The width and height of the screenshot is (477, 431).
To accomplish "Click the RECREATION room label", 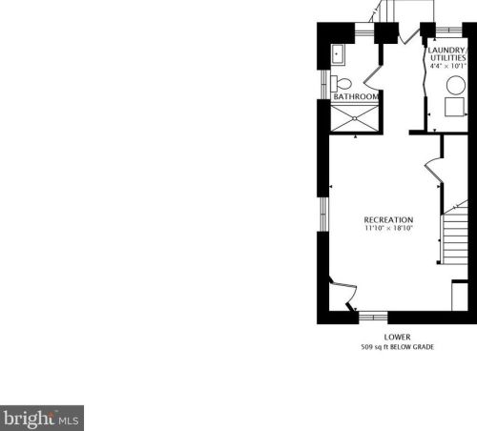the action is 388,219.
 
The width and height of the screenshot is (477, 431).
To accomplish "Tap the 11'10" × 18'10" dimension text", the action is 388,228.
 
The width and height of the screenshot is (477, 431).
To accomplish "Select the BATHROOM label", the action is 356,96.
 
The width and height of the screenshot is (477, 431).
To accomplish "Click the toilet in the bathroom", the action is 341,84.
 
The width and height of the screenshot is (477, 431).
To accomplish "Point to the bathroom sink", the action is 338,54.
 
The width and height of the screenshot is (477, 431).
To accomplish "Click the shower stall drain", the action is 355,118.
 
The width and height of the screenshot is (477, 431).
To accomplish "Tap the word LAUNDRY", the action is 446,51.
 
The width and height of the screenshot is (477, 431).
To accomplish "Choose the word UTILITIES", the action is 447,58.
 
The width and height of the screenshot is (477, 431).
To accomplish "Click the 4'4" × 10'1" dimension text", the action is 447,66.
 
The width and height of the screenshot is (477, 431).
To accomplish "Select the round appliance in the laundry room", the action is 456,85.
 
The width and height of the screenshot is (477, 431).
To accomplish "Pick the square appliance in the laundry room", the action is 454,107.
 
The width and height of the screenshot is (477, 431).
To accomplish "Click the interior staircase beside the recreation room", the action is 455,236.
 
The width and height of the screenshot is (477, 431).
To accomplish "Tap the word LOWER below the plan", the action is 397,338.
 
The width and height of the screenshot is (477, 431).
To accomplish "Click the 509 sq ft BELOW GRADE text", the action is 397,347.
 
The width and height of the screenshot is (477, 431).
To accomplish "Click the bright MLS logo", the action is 42,418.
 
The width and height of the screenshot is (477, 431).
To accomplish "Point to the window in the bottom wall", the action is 373,317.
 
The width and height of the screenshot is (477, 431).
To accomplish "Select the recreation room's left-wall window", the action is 323,214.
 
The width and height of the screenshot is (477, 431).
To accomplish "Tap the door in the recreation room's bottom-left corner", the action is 343,294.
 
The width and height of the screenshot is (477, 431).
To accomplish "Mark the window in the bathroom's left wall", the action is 323,85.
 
